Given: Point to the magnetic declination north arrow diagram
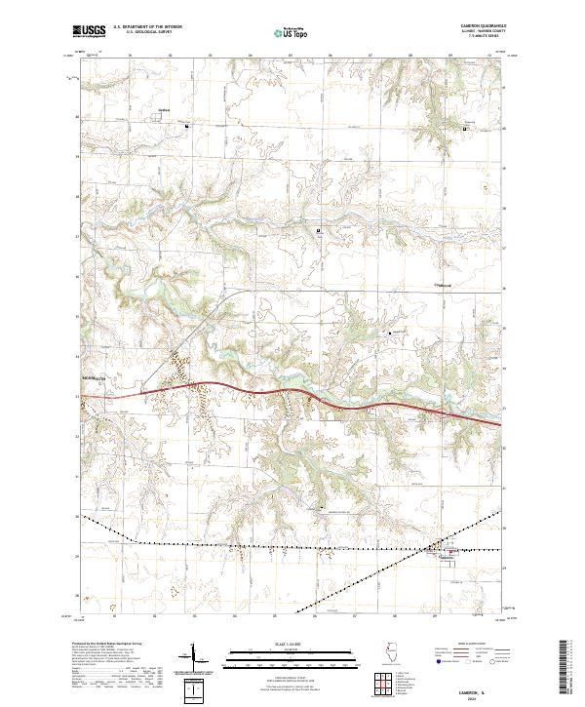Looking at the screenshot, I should [x=194, y=665].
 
